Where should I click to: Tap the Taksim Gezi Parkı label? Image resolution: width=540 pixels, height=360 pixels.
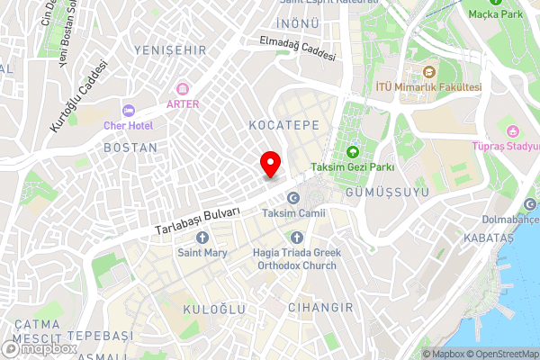pos(353,167)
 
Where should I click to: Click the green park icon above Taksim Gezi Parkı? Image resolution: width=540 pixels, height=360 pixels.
pos(352,151)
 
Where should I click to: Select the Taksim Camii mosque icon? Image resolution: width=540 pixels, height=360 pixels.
pos(292,198)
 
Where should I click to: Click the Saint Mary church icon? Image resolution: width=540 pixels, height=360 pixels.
pos(202,238)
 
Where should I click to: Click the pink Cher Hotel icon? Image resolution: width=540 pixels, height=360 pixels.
pos(129,111)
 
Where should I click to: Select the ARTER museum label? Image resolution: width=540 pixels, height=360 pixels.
pos(183,103)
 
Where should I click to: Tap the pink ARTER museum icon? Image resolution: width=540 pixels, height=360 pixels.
pos(183,88)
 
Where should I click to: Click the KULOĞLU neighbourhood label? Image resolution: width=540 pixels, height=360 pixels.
pos(214,309)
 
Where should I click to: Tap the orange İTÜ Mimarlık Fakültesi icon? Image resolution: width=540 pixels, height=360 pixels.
pos(428,71)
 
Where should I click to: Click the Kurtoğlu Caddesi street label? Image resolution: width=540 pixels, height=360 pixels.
pos(73,96)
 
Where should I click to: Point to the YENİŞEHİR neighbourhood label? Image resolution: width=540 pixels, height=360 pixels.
pos(163,49)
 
